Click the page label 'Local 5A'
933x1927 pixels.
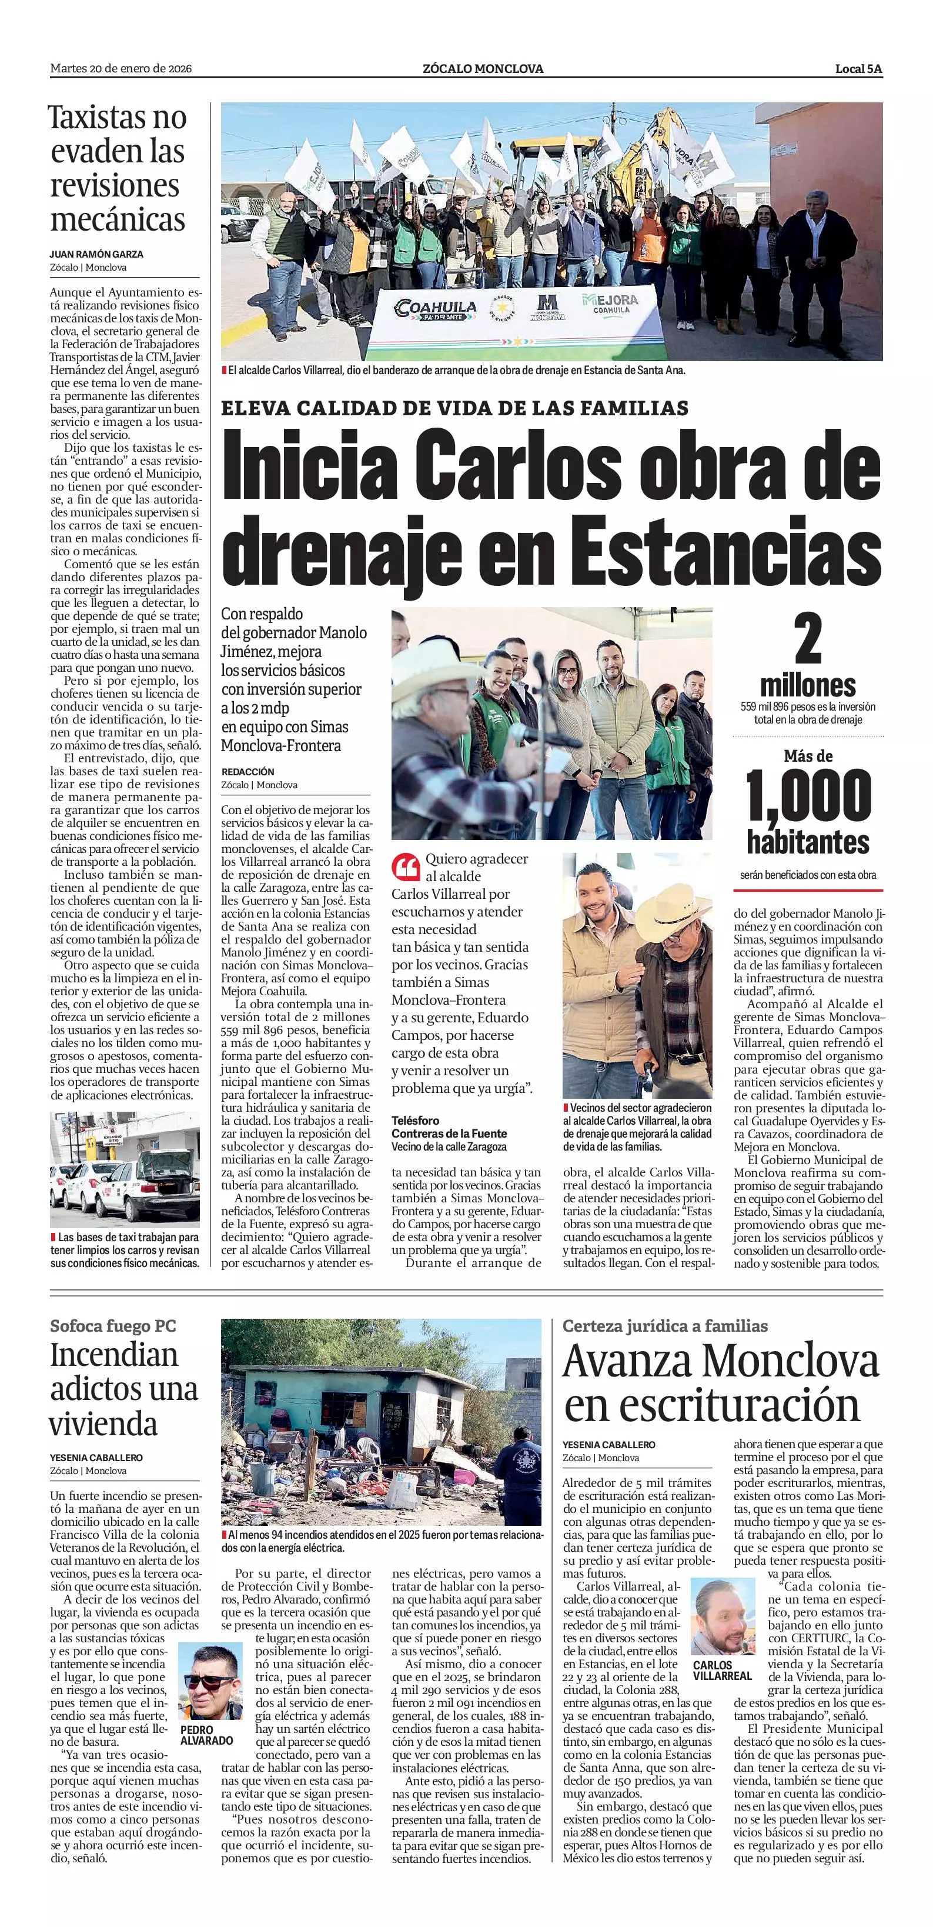[858, 69]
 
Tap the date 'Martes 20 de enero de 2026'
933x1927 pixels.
[121, 69]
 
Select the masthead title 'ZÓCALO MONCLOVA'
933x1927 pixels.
[482, 69]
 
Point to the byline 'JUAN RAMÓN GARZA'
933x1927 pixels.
[96, 254]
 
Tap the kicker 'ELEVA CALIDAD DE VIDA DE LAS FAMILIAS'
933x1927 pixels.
[454, 408]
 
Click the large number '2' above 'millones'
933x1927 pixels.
[807, 639]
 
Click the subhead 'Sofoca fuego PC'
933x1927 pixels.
[113, 1326]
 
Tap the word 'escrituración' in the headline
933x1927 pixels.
[712, 1404]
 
